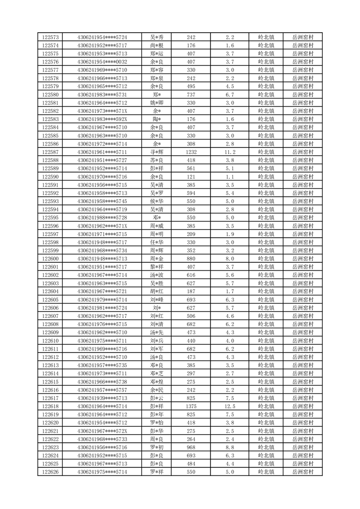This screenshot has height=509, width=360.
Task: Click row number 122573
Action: click(x=50, y=37)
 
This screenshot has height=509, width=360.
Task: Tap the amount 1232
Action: click(x=191, y=152)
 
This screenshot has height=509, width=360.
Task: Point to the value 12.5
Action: click(x=229, y=406)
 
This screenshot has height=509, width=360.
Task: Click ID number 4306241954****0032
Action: click(x=102, y=62)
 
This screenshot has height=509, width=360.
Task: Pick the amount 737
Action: click(x=191, y=94)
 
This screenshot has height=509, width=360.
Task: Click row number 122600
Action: click(x=50, y=259)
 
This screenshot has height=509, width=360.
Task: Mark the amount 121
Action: click(x=191, y=176)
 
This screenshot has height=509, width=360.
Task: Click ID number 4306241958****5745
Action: click(x=102, y=201)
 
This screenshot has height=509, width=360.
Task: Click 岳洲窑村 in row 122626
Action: click(x=303, y=472)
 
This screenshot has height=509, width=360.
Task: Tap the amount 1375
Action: click(x=191, y=406)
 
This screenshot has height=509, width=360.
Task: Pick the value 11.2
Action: click(x=229, y=152)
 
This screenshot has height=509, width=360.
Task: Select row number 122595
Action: click(x=50, y=218)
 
